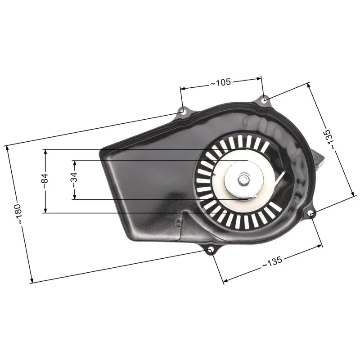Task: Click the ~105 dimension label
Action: (220, 82)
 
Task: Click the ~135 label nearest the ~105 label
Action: (330, 139)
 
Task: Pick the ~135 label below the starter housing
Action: (272, 263)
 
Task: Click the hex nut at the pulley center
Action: (243, 180)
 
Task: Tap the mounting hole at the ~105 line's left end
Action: (182, 110)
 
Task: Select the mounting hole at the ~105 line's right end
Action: (265, 99)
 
